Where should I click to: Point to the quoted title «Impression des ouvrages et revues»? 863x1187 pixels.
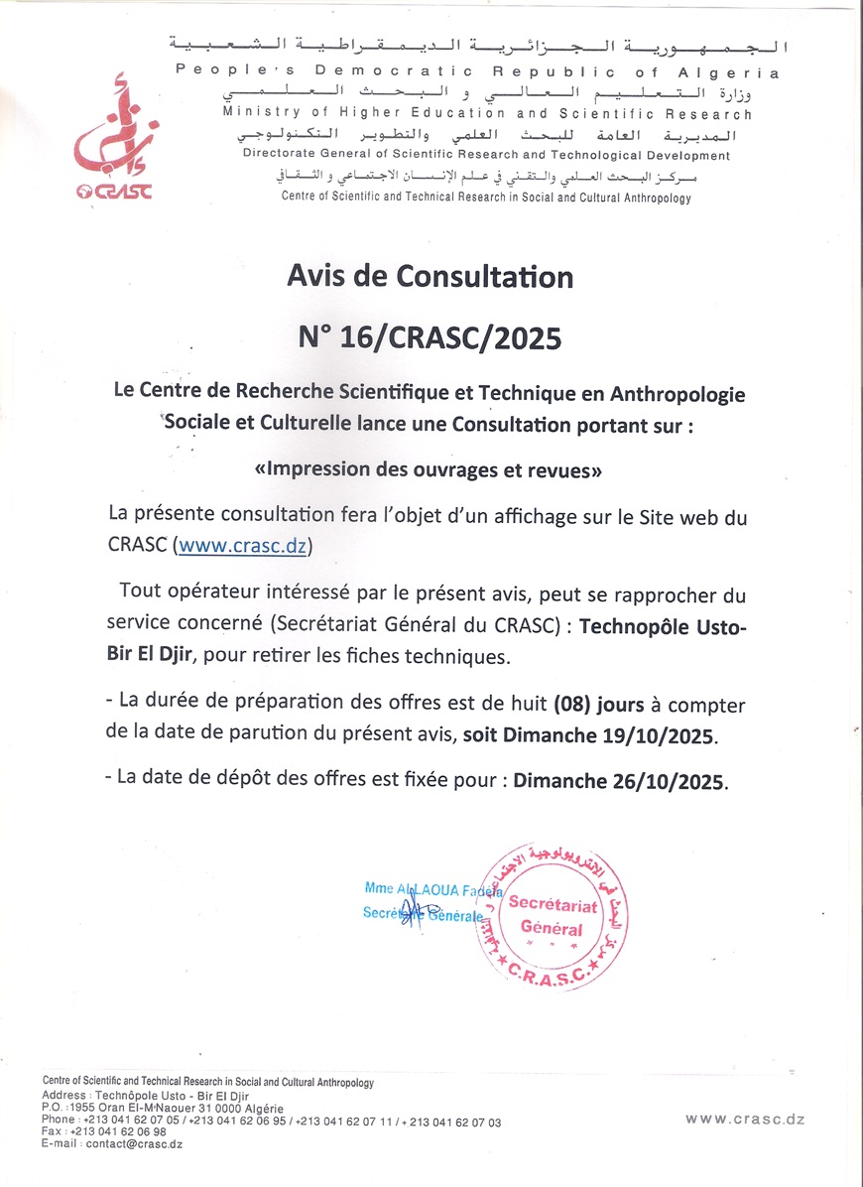coord(429,471)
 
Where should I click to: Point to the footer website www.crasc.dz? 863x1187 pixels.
coord(744,1119)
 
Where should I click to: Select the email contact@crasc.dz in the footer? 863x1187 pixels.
coord(133,1143)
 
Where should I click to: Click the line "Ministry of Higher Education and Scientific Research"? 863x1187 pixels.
coord(487,114)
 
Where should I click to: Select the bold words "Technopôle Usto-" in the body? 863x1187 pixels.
coord(662,628)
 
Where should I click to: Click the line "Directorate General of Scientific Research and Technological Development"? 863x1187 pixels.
coord(486,156)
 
